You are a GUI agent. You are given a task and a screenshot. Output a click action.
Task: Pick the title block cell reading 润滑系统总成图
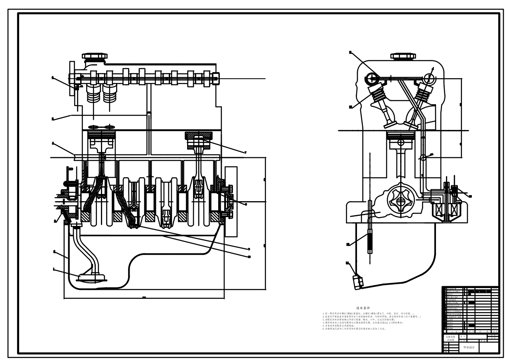pyautogui.click(x=450, y=339)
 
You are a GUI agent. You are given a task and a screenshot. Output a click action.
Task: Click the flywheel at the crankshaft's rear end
pyautogui.click(x=231, y=202)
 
